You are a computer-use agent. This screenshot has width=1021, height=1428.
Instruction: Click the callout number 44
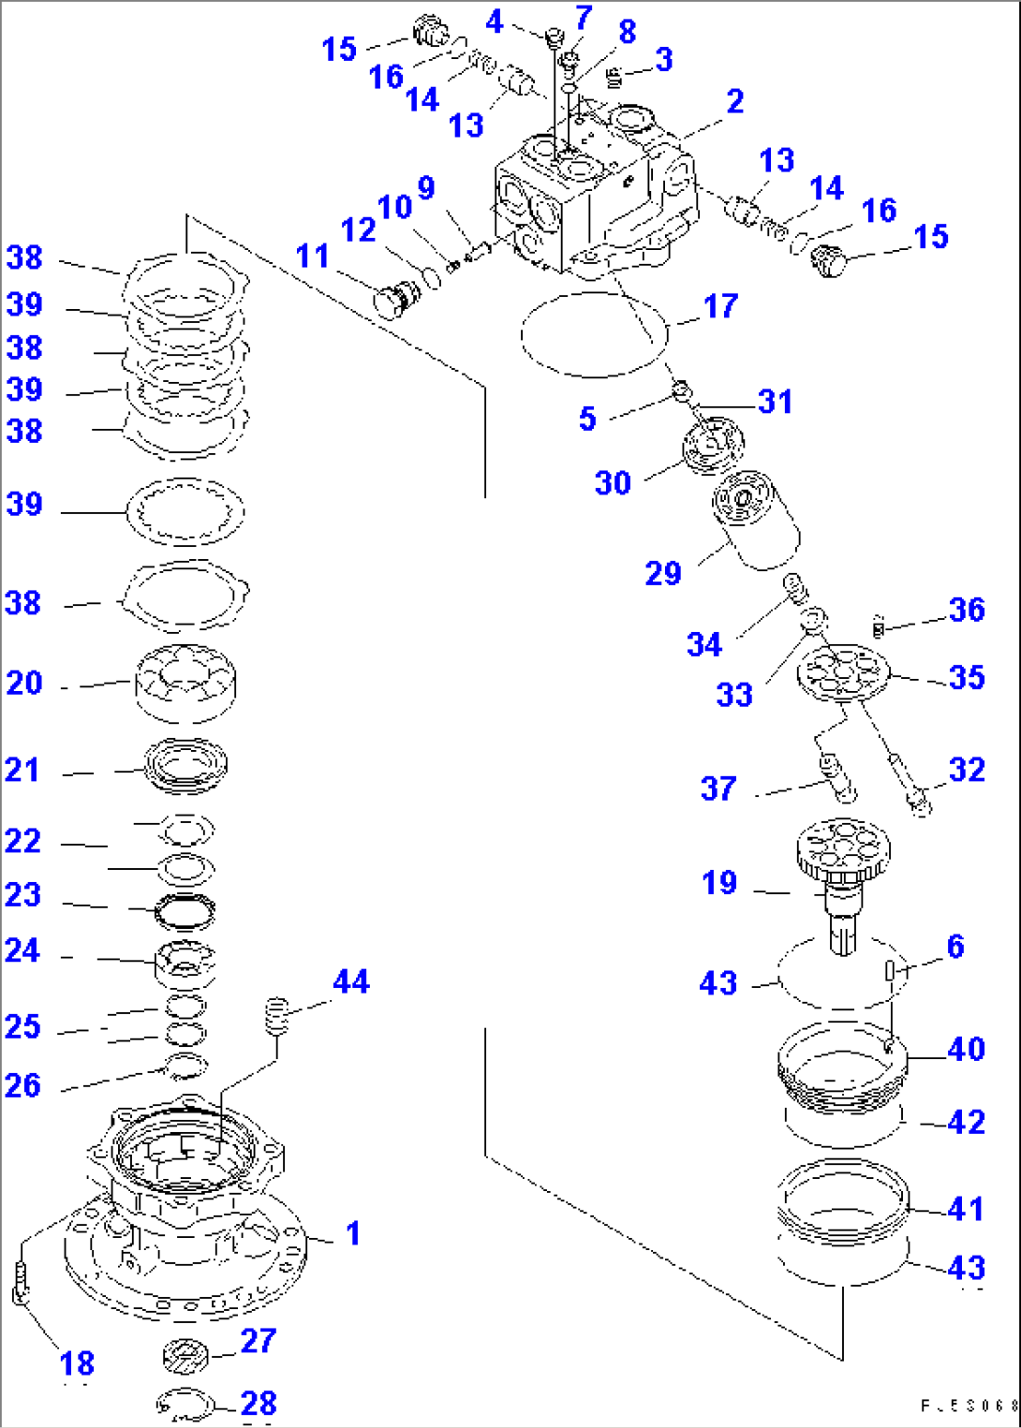[351, 981]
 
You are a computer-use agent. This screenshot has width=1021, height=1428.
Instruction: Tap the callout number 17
[720, 306]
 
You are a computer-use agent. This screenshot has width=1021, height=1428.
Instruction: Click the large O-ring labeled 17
[594, 334]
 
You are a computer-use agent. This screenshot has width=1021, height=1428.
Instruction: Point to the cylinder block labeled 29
[756, 520]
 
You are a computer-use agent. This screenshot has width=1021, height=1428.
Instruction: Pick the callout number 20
[24, 683]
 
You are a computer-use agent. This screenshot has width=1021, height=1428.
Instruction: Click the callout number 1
[353, 1233]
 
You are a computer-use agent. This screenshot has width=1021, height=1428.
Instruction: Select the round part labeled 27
[185, 1354]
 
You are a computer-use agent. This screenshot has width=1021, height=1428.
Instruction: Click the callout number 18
[77, 1362]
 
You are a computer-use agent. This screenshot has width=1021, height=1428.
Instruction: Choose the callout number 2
[735, 101]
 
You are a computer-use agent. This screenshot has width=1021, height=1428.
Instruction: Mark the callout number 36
[967, 610]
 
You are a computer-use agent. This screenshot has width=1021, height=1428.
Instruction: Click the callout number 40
[967, 1049]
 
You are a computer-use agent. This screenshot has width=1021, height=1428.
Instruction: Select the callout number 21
[22, 770]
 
